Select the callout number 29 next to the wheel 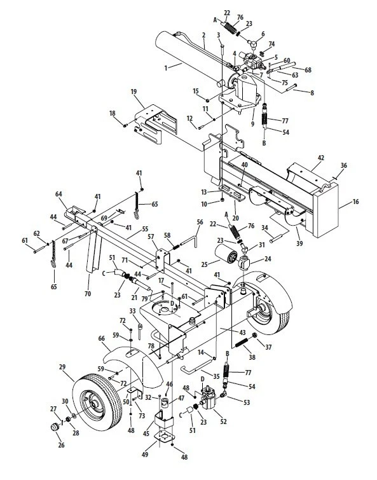click(62, 367)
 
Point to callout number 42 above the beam click(321, 156)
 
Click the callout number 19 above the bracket click(134, 92)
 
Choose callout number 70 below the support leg click(87, 295)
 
